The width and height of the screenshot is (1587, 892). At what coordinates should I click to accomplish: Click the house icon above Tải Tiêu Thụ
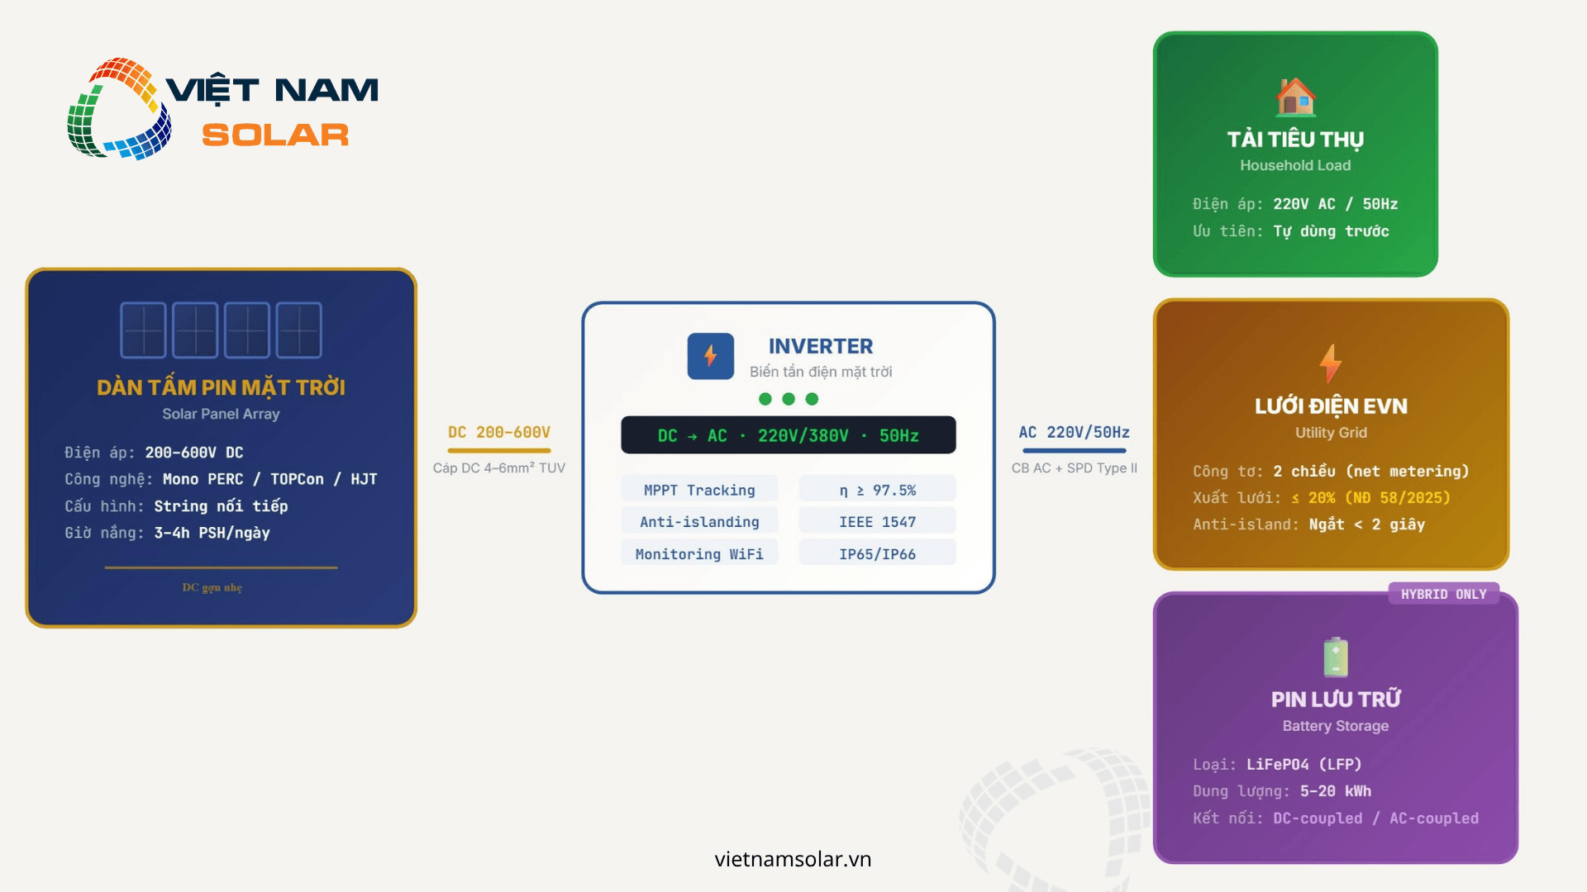(1295, 97)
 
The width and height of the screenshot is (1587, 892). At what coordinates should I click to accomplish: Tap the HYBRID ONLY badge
(1443, 594)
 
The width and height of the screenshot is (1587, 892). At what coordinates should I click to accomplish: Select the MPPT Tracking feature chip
(699, 490)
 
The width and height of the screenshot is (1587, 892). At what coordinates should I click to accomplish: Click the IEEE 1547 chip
(877, 522)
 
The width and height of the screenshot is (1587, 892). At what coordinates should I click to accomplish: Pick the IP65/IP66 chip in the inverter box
(877, 554)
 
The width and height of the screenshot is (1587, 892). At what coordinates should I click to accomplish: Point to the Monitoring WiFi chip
(699, 554)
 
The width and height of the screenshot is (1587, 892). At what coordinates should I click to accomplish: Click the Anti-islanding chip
(699, 522)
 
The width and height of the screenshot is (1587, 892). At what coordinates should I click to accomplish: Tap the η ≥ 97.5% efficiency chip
(877, 490)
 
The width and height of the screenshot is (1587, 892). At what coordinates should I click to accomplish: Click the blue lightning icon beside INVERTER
(710, 356)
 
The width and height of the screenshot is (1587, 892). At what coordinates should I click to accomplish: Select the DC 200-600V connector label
(499, 432)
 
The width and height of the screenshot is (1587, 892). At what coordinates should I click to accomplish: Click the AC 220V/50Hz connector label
(1074, 432)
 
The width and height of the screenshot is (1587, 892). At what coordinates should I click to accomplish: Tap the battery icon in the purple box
(1336, 657)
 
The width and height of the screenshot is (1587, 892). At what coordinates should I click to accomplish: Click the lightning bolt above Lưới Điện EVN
(1330, 363)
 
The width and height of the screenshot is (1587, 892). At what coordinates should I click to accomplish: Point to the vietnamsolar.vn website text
(793, 859)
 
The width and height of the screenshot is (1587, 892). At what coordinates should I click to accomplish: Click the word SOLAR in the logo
(275, 135)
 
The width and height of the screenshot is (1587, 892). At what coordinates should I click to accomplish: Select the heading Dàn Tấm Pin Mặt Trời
(221, 387)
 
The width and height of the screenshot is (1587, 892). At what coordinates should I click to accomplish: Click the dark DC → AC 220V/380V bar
(788, 435)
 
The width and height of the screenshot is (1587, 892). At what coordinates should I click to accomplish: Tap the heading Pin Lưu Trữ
(1336, 699)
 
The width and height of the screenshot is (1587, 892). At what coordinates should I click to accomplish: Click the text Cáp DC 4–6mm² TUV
(499, 467)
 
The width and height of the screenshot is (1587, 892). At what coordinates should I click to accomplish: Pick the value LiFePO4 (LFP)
(1303, 764)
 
